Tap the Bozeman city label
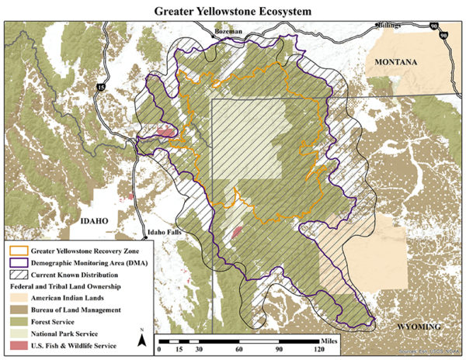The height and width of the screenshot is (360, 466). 228,30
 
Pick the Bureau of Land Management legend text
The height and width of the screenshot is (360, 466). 75,310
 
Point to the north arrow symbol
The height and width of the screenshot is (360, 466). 143,339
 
